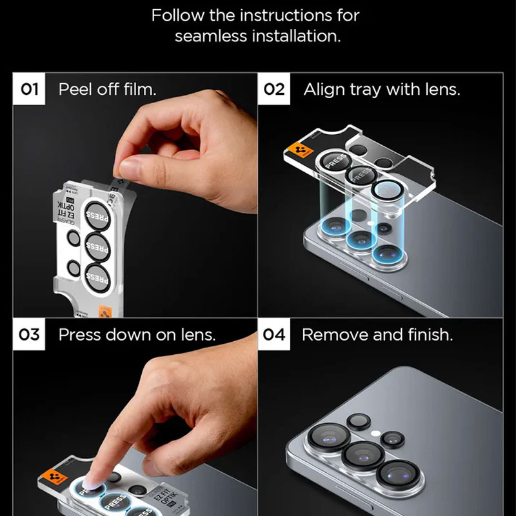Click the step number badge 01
point(30,89)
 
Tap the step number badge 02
point(274,89)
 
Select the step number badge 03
point(30,335)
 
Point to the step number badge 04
point(274,335)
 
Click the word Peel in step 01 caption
point(73,89)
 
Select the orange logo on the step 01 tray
point(102,311)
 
